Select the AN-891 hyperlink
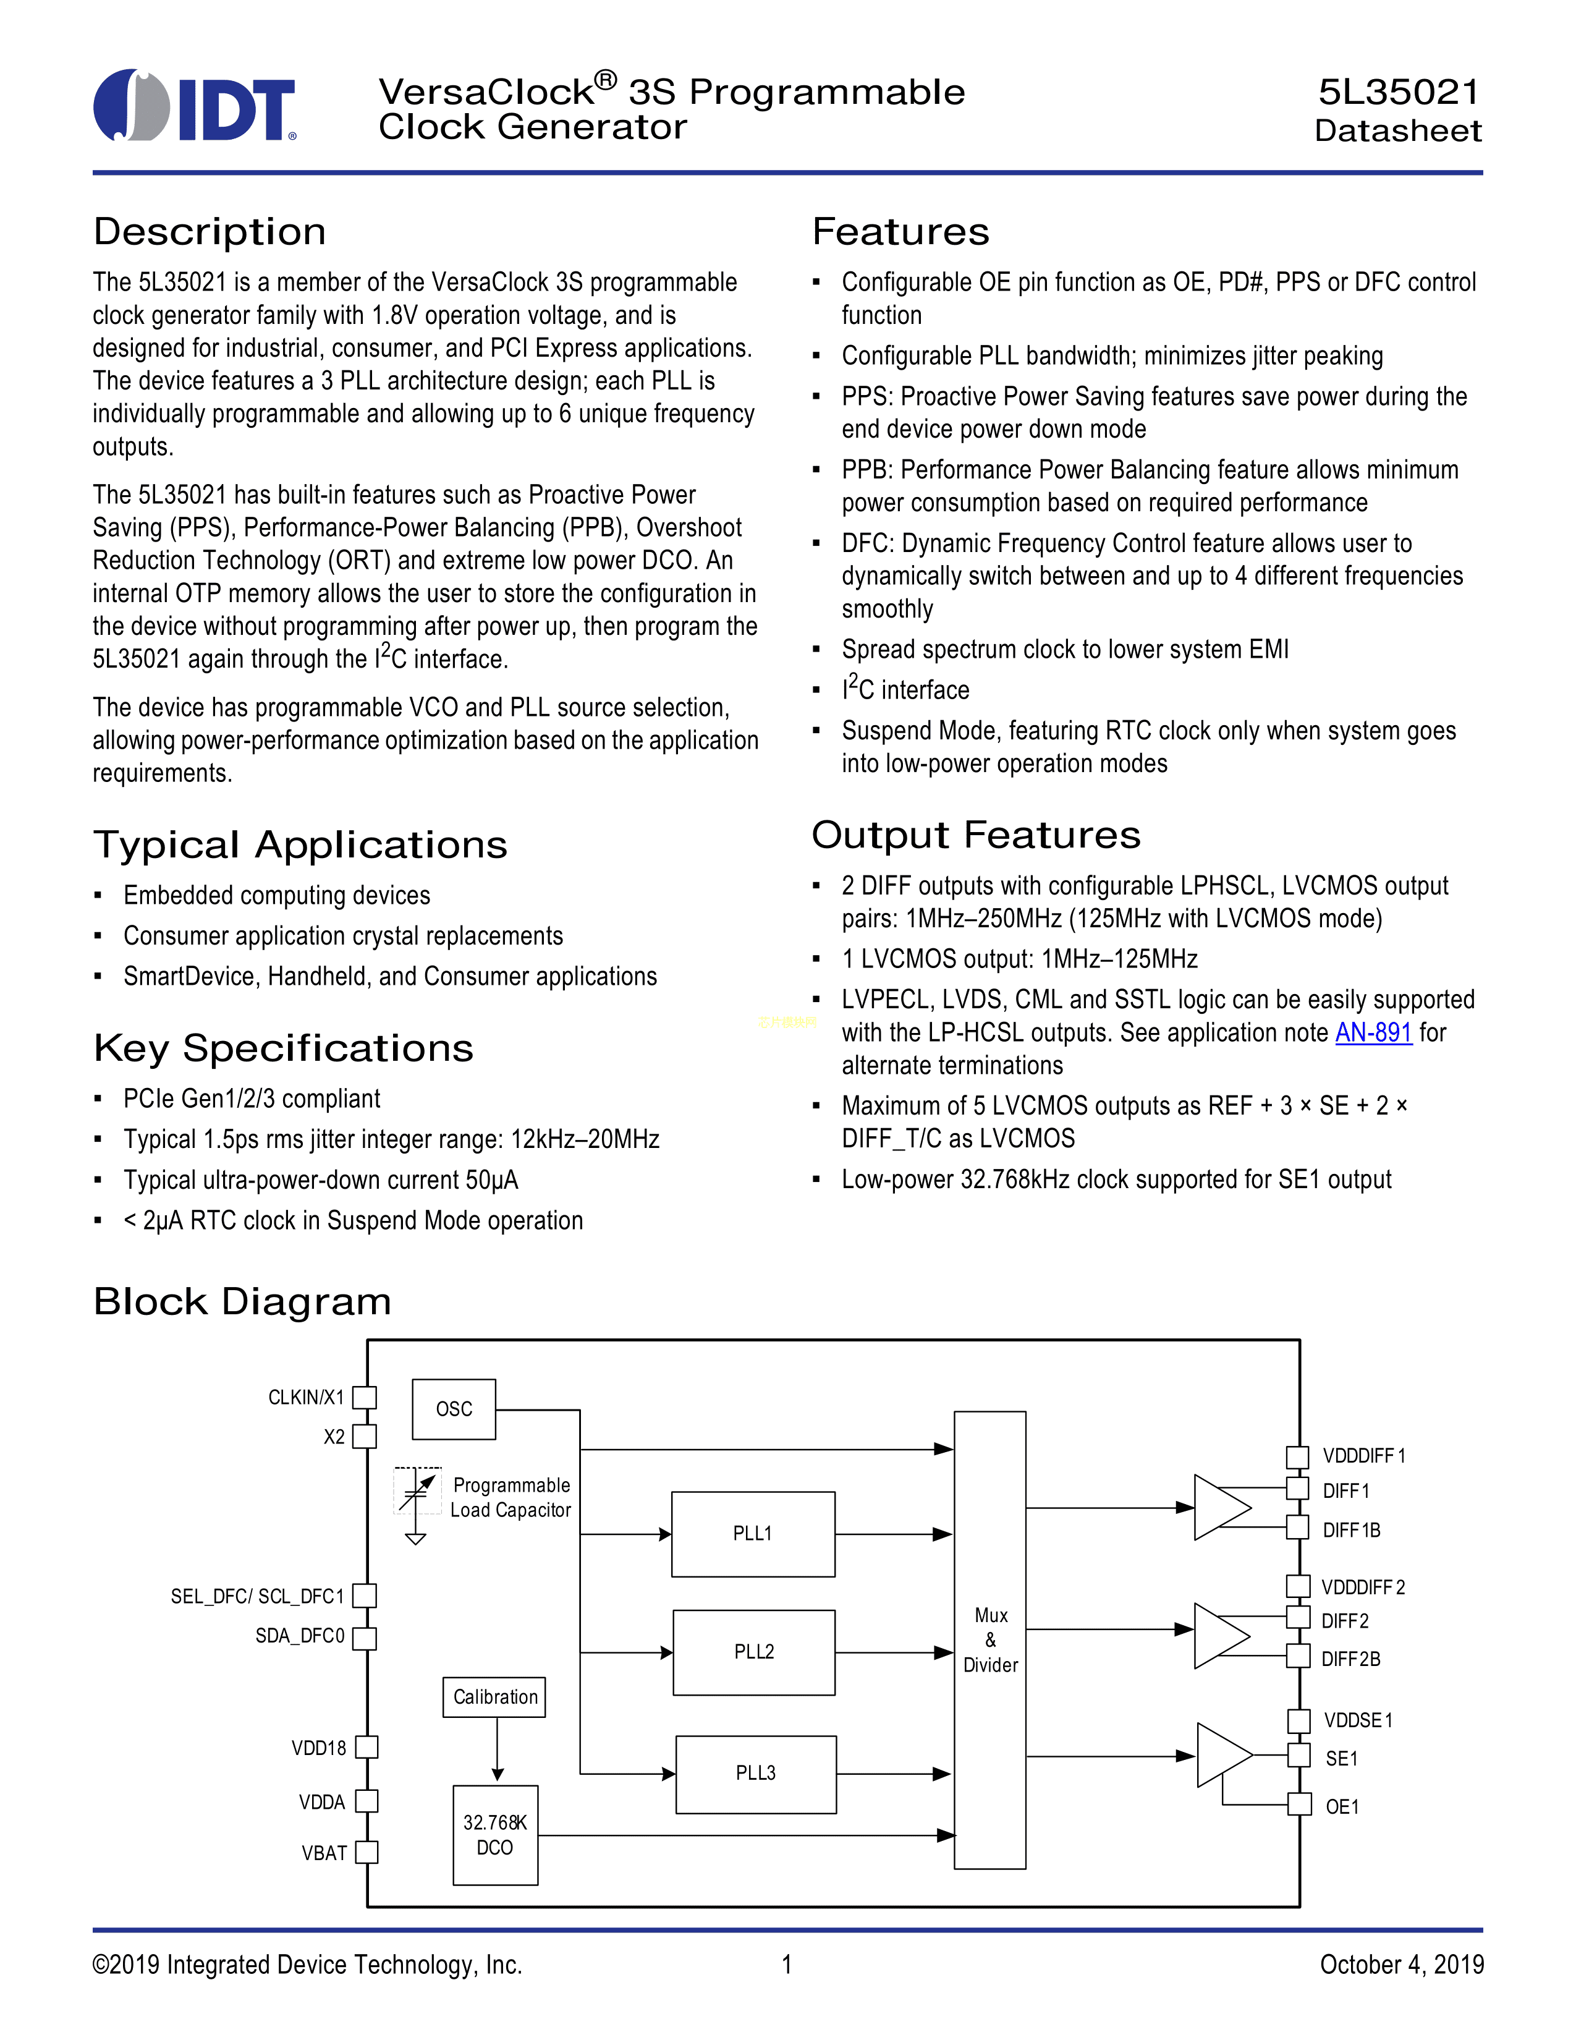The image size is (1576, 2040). click(x=1373, y=1032)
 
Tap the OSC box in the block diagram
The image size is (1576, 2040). click(x=454, y=1409)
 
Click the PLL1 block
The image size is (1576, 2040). click(x=753, y=1534)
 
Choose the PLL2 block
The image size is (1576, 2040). click(x=753, y=1651)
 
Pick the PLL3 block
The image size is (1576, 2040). click(x=755, y=1773)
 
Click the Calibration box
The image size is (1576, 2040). click(x=495, y=1697)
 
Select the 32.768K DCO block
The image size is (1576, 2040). click(x=495, y=1835)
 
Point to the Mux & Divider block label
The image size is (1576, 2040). click(x=991, y=1640)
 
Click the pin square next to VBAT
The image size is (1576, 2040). click(x=367, y=1852)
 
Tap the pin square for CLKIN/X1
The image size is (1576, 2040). click(x=365, y=1397)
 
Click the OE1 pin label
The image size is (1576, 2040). click(x=1342, y=1806)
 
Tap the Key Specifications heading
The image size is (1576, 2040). click(x=284, y=1048)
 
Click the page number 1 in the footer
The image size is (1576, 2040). click(x=787, y=1965)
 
